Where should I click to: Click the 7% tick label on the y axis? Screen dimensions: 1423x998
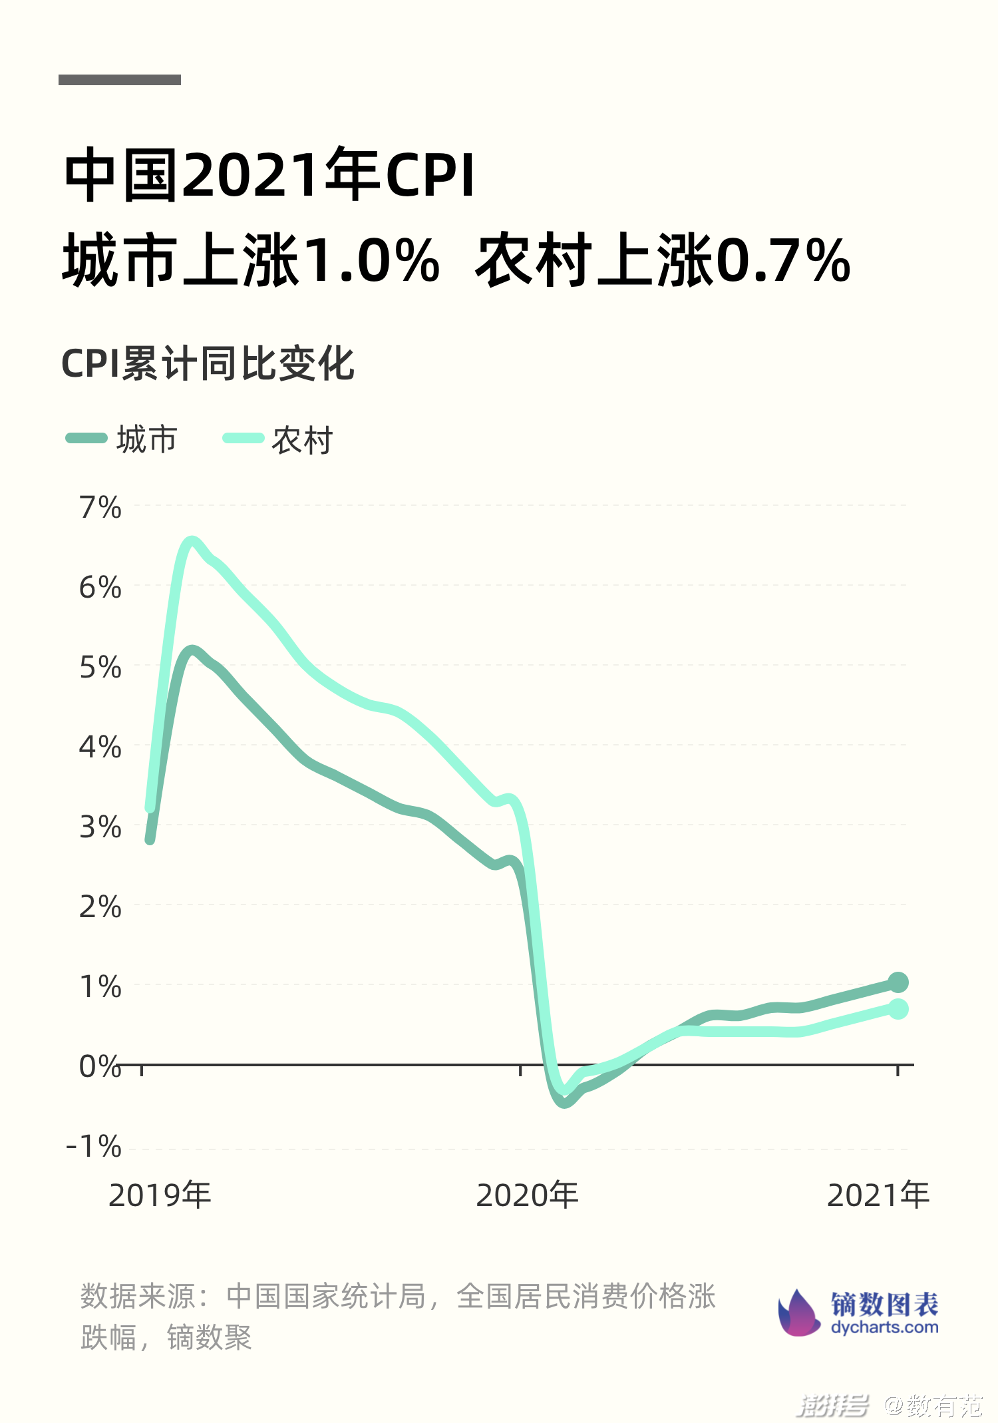[x=100, y=508]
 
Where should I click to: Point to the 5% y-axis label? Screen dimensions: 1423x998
[x=100, y=668]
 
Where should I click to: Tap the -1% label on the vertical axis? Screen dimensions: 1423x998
[x=94, y=1147]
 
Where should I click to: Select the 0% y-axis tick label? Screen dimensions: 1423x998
[x=100, y=1067]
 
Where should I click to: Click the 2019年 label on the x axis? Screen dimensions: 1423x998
[x=160, y=1195]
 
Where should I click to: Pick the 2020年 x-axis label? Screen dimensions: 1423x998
[x=527, y=1195]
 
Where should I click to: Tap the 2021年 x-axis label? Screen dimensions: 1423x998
[x=878, y=1195]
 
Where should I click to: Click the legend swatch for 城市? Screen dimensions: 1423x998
[x=86, y=438]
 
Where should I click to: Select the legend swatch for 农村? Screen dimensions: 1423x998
[x=243, y=438]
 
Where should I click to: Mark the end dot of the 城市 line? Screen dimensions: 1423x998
[x=898, y=982]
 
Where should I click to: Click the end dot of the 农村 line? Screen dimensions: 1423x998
[x=898, y=1009]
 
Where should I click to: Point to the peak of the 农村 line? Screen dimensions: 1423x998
[x=192, y=542]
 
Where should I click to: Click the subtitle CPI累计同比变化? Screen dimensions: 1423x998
[x=208, y=364]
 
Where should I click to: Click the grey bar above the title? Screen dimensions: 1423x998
[x=120, y=80]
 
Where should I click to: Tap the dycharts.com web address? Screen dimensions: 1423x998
[x=884, y=1327]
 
